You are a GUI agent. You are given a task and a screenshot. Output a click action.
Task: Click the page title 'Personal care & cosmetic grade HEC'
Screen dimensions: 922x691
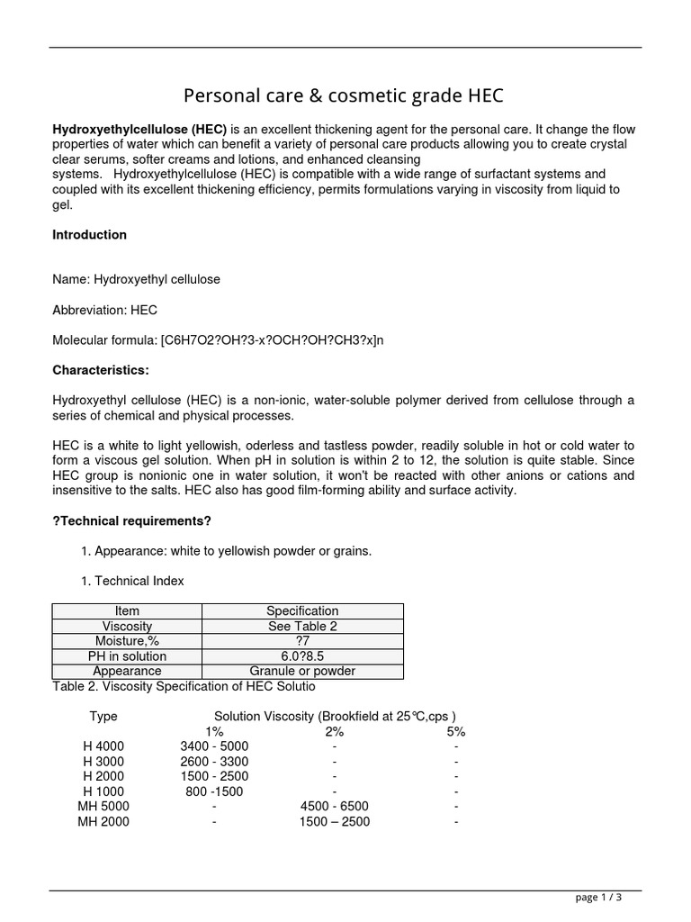click(x=344, y=95)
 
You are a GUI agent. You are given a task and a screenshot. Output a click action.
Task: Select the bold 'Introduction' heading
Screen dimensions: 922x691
click(x=89, y=235)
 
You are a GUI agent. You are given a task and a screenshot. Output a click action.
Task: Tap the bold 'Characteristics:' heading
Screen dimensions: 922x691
click(x=101, y=370)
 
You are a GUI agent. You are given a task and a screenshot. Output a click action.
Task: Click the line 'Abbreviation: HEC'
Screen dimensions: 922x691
click(x=104, y=310)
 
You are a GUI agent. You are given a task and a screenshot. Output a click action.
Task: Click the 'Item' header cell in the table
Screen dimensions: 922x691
click(x=127, y=611)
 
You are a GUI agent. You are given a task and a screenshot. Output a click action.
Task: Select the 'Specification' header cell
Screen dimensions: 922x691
click(x=302, y=611)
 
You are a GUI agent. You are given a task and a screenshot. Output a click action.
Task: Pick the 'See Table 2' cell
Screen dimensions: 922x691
click(x=302, y=627)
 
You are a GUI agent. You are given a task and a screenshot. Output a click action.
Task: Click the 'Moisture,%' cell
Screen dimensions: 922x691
click(x=127, y=641)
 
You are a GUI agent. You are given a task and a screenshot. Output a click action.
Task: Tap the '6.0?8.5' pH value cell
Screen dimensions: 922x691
click(x=302, y=656)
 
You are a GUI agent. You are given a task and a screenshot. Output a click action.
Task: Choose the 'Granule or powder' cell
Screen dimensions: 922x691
click(x=302, y=671)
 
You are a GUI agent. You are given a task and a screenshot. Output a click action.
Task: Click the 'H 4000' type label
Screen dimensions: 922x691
click(x=103, y=746)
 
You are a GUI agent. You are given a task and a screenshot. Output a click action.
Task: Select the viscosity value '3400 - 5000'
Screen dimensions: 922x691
click(x=214, y=746)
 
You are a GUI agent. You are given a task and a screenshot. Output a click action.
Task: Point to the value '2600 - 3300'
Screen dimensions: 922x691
click(x=214, y=762)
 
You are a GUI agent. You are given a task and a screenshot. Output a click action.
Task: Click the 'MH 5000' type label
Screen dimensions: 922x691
click(x=103, y=807)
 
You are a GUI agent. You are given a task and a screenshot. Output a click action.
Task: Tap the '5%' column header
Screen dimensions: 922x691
click(x=456, y=732)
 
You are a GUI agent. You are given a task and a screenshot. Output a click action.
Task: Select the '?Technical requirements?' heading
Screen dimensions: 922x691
click(x=131, y=520)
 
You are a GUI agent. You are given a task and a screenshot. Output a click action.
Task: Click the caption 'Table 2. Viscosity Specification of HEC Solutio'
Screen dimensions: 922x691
click(x=184, y=687)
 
